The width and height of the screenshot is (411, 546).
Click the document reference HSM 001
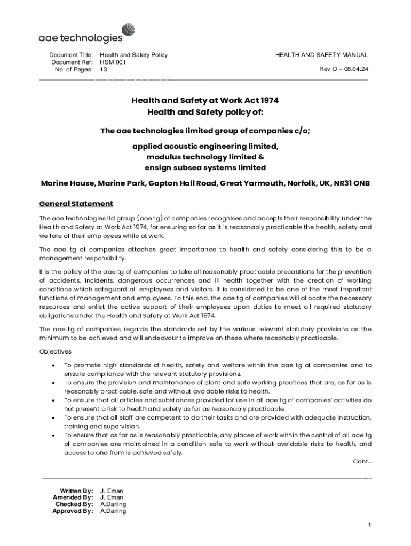(113, 62)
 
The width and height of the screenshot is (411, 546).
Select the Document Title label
(71, 55)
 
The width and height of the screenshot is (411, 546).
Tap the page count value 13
(104, 70)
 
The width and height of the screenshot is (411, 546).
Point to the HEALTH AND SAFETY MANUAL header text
(321, 55)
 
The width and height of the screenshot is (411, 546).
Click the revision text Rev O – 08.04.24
(344, 69)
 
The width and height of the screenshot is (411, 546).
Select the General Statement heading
(76, 204)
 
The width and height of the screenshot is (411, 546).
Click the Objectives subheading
(56, 352)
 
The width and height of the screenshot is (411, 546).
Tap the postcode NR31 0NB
(352, 183)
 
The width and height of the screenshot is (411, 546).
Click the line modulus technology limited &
(205, 157)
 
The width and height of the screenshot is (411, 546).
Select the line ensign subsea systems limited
(205, 167)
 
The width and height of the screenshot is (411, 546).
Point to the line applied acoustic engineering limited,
(205, 146)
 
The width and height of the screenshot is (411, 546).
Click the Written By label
(76, 491)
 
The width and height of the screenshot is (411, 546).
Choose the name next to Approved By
(113, 511)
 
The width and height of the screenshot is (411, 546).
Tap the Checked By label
(74, 504)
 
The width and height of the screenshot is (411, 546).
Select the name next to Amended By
(112, 497)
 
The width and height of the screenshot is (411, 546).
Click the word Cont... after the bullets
(362, 462)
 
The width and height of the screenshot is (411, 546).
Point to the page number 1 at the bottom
(369, 525)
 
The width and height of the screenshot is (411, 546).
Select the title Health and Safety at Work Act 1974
(205, 100)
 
